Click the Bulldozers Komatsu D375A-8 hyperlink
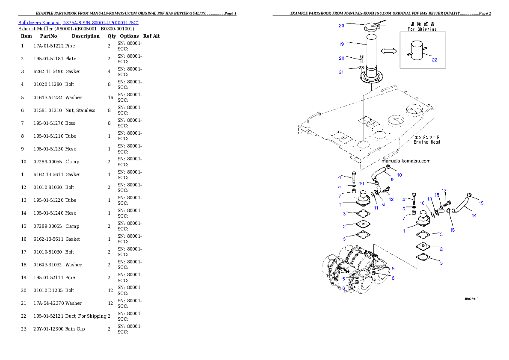[x=78, y=22]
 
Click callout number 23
[x=342, y=26]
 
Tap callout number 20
[x=342, y=58]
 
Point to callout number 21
[x=341, y=72]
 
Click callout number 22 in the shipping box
[x=435, y=60]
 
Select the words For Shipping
[x=422, y=29]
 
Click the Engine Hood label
[x=426, y=142]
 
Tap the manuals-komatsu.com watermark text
[x=406, y=161]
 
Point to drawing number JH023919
[x=471, y=299]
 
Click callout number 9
[x=392, y=180]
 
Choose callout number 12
[x=391, y=199]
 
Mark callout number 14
[x=474, y=215]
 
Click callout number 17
[x=444, y=191]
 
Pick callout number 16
[x=422, y=203]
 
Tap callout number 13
[x=430, y=199]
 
